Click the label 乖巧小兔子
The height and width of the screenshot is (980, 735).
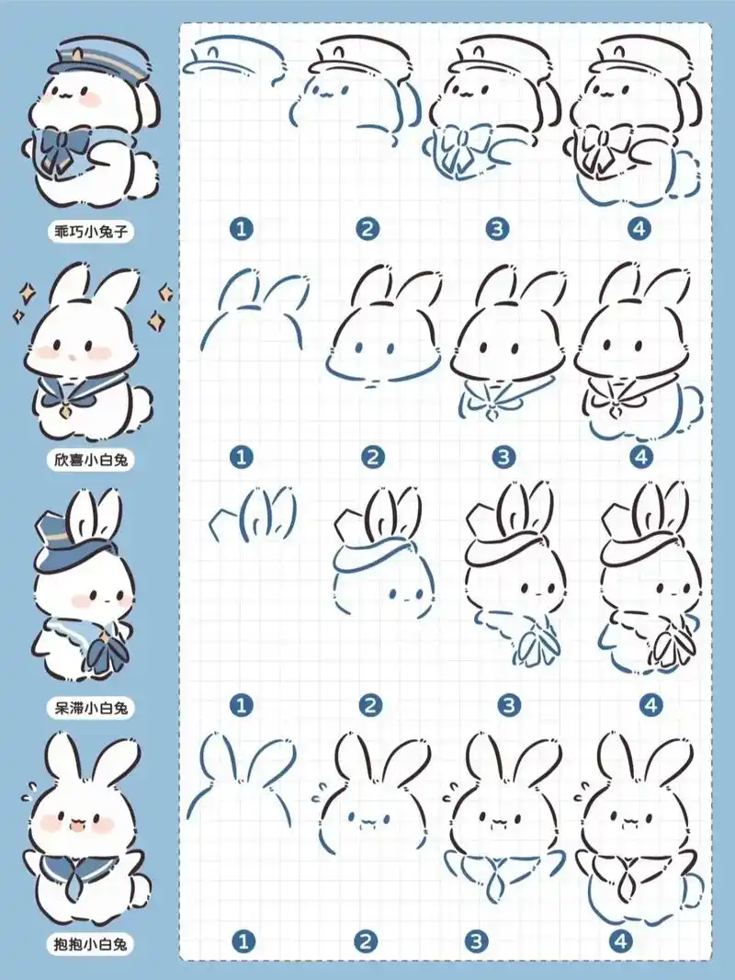91,232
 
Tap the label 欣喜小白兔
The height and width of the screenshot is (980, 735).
91,460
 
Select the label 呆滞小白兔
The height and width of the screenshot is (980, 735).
91,708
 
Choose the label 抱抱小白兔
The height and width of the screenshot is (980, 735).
91,944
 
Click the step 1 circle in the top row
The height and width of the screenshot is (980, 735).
242,229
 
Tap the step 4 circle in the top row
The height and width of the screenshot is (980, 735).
639,229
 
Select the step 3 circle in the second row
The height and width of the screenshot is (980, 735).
503,457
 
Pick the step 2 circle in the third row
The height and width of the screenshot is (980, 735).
371,706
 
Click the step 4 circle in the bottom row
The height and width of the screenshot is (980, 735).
620,940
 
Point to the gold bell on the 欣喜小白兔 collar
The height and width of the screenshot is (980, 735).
65,412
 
